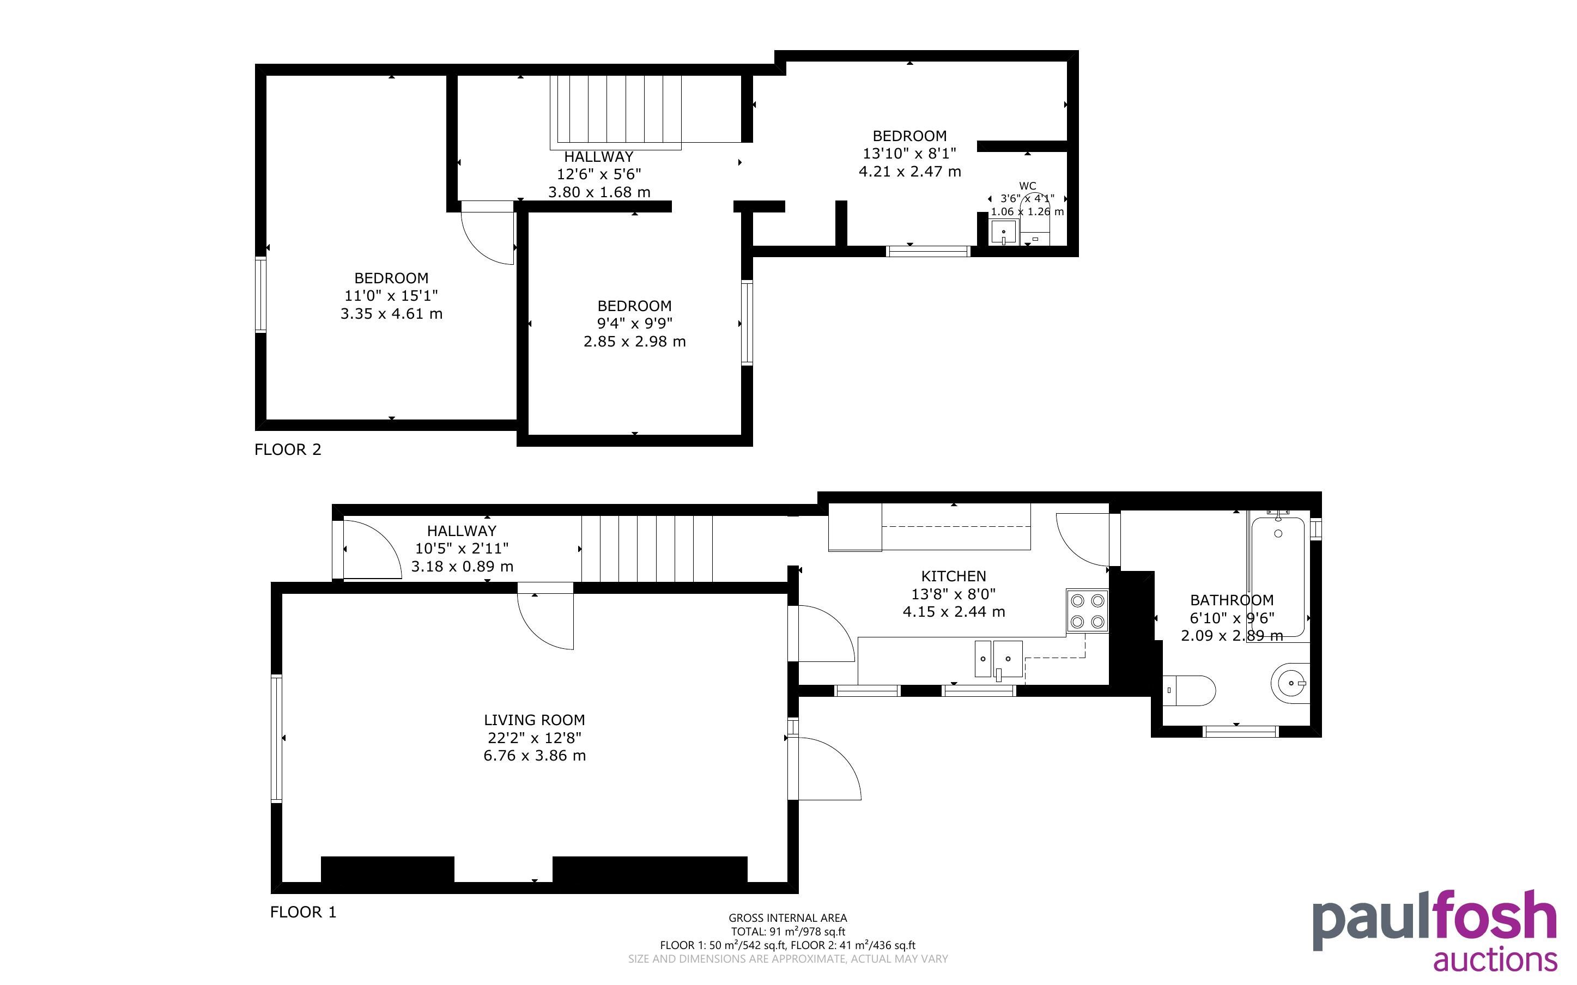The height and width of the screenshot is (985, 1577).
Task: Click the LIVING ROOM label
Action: tap(534, 720)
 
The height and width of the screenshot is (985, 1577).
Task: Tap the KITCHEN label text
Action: tap(954, 576)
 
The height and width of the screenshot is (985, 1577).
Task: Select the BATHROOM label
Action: tap(1232, 600)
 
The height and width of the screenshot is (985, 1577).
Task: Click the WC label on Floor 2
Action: tap(1027, 186)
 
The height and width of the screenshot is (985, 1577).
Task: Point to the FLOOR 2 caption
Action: tap(288, 449)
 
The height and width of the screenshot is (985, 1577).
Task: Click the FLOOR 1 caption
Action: tap(304, 912)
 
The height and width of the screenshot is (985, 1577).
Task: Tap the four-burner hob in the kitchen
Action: tap(1087, 610)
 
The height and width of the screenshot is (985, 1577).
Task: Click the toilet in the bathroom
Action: tap(1189, 690)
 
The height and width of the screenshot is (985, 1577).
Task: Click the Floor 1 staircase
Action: tap(647, 549)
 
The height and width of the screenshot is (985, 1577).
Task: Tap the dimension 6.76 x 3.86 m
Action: tap(534, 756)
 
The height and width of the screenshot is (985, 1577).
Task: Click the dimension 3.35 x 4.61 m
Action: tap(391, 314)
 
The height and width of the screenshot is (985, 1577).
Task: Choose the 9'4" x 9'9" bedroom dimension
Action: tap(634, 323)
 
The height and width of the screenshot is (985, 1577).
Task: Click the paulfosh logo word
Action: tap(1434, 921)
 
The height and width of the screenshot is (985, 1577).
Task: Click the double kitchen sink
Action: tap(998, 659)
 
